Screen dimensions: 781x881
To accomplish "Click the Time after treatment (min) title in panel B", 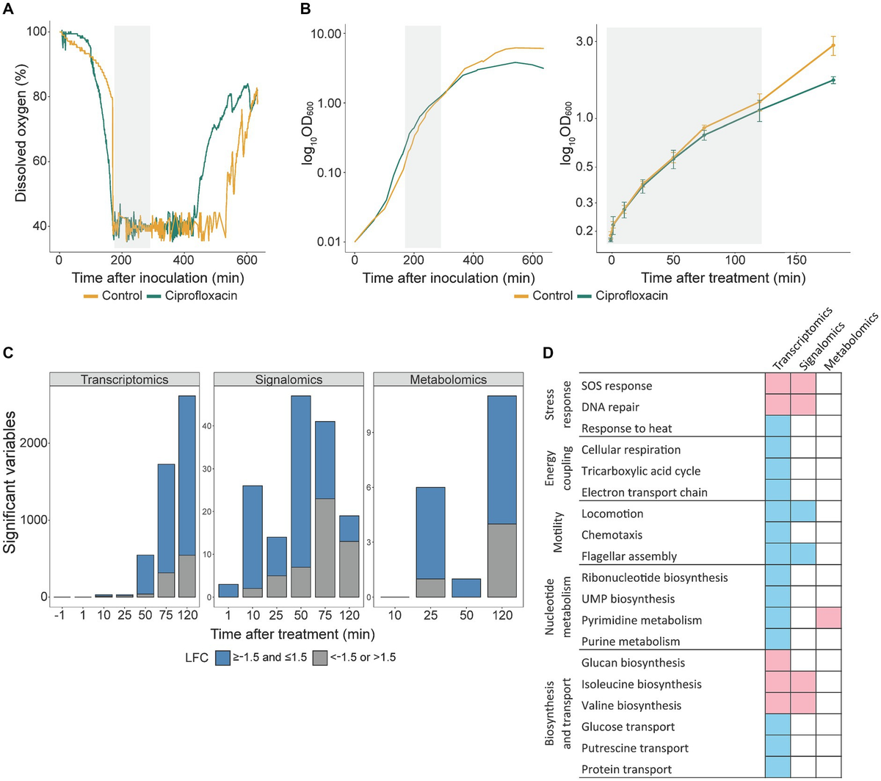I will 722,278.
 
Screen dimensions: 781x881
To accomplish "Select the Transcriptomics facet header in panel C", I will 124,380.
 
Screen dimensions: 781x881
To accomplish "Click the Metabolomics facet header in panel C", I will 448,380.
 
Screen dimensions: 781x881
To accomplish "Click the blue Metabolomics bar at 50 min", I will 466,588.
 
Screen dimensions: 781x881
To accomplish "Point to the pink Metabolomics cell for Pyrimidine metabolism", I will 828,620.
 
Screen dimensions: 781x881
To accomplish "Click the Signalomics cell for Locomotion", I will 803,514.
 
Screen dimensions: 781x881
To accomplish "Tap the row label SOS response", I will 616,386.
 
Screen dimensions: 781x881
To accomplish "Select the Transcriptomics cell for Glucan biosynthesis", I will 777,663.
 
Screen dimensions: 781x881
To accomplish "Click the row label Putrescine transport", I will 634,748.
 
